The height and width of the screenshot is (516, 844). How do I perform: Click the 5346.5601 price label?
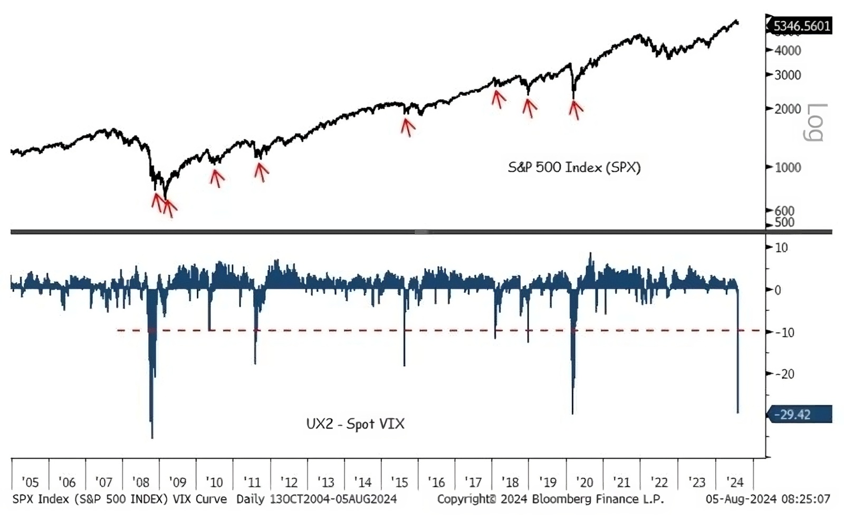801,26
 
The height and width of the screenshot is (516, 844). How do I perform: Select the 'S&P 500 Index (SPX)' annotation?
574,168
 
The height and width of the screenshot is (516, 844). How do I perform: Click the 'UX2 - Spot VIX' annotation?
355,424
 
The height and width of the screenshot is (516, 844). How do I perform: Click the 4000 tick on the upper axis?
788,51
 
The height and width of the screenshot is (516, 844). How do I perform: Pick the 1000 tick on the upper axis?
788,168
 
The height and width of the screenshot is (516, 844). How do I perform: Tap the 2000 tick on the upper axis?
788,109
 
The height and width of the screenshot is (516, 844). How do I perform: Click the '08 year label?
141,482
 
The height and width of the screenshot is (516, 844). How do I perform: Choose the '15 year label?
399,482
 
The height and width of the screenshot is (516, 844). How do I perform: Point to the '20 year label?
584,482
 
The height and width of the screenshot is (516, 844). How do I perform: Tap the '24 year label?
734,482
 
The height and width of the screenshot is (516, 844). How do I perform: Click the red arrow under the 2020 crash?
576,109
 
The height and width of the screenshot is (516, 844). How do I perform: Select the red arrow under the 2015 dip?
407,127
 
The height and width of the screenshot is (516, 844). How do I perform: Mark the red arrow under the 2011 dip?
261,171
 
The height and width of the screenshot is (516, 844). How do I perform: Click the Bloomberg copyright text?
550,499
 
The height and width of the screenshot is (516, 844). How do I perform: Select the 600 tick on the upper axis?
784,211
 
